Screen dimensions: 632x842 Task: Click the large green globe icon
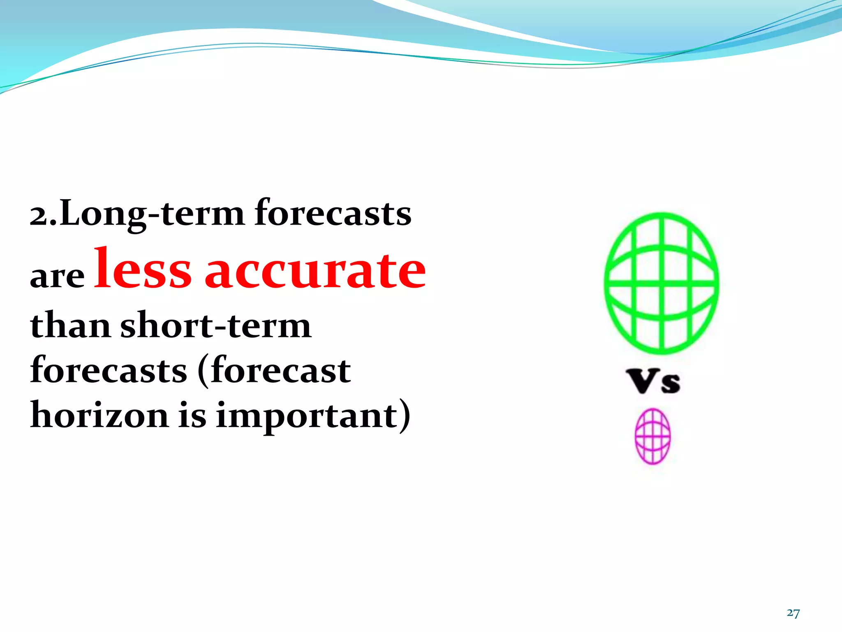click(662, 283)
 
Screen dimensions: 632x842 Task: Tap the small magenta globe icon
click(652, 436)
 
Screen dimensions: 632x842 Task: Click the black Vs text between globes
click(653, 381)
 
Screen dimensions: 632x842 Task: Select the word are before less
click(57, 276)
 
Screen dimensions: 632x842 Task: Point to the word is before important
click(192, 416)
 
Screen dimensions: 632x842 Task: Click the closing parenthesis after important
click(405, 416)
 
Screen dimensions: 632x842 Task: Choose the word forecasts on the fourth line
click(109, 370)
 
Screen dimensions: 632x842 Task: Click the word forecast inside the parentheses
click(281, 370)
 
